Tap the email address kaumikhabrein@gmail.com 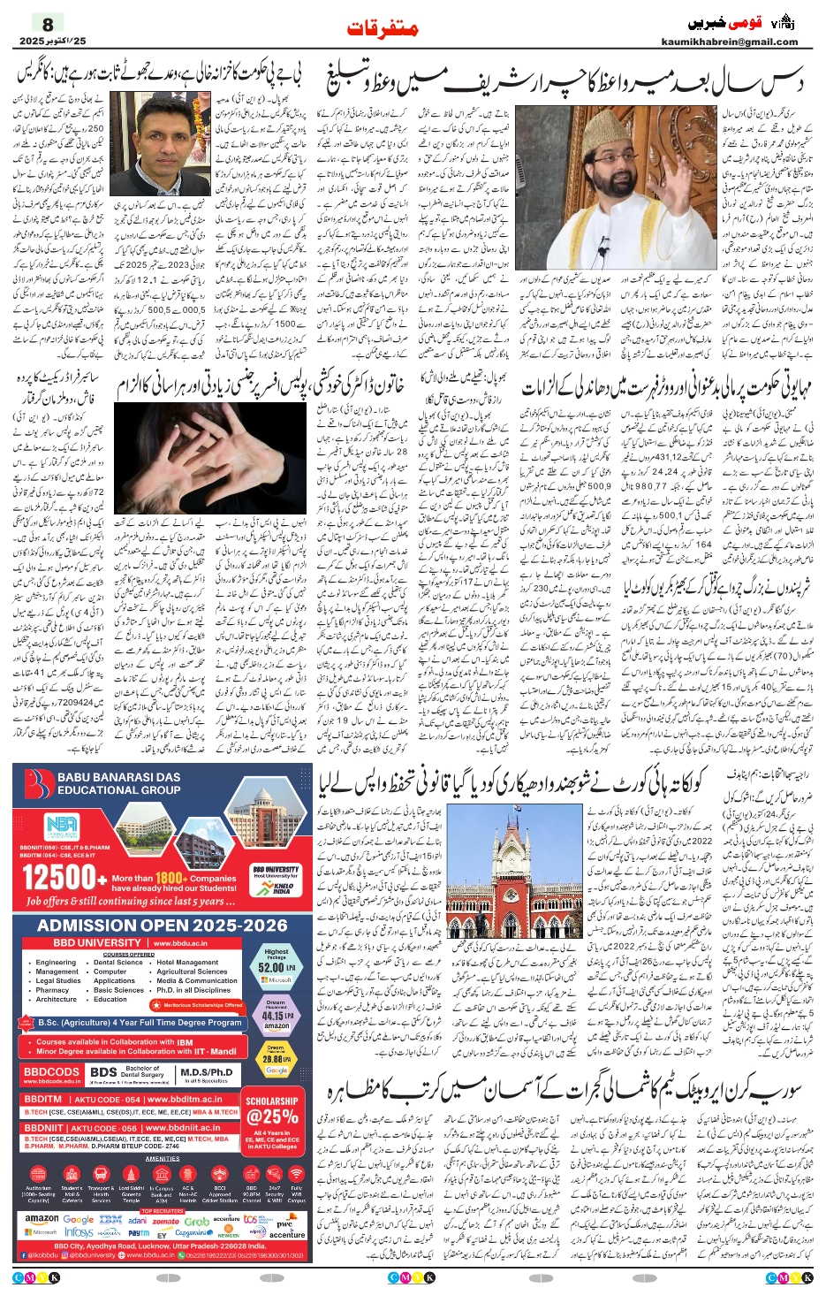tap(729, 42)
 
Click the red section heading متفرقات tap(382, 28)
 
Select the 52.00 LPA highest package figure tap(277, 967)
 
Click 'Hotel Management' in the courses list tap(187, 963)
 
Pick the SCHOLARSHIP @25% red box tap(272, 1110)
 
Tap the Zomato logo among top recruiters tap(166, 1221)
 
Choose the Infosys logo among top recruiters tap(79, 1232)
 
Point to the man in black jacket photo tap(159, 146)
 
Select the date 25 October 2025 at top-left tap(53, 42)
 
